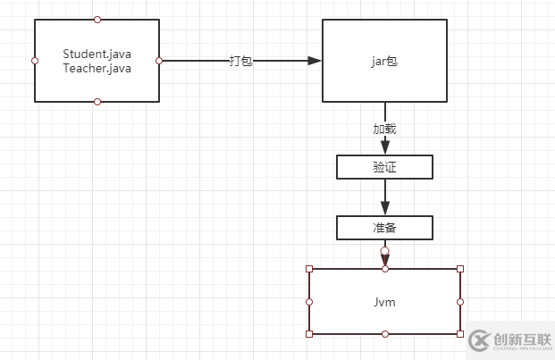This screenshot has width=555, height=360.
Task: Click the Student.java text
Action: point(97,54)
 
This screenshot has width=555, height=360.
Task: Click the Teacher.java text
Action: point(97,68)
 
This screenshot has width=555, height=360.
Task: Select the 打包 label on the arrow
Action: point(240,61)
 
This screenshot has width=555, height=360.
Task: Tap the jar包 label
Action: point(384,61)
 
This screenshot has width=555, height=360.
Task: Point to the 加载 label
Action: point(384,129)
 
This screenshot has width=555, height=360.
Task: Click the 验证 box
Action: point(384,167)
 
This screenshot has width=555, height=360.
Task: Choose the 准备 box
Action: point(384,228)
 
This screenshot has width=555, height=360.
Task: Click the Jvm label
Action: point(384,303)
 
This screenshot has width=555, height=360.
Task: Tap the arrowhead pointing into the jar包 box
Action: point(315,61)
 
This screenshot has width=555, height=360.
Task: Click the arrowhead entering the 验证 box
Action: point(385,147)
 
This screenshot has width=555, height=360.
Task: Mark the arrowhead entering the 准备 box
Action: point(385,208)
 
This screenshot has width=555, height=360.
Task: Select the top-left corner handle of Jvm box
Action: point(309,269)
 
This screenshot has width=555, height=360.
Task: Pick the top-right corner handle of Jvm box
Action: point(460,269)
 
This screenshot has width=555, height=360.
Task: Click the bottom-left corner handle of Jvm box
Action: point(309,334)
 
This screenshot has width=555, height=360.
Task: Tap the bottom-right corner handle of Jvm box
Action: point(460,334)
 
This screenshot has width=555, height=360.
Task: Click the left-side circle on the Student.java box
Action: point(35,61)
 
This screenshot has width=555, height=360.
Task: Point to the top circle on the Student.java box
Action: point(97,19)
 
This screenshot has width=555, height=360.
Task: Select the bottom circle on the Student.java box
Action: point(97,102)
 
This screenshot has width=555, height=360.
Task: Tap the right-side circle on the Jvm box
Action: point(460,302)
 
